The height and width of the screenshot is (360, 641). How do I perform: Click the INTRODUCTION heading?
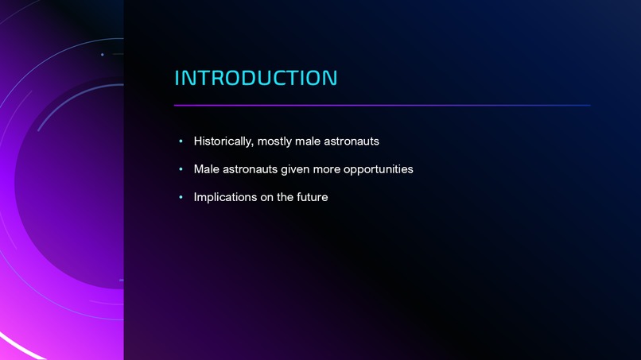(255, 78)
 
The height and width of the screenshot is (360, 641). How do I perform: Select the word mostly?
(274, 141)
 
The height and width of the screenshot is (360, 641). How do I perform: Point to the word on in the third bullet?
(267, 197)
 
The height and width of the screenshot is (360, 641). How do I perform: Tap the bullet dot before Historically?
(181, 141)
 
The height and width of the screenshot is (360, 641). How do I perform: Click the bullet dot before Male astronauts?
(181, 169)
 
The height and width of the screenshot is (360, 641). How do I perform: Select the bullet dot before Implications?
(181, 197)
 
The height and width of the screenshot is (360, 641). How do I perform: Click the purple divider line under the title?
(382, 105)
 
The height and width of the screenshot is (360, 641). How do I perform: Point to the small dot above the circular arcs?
(103, 55)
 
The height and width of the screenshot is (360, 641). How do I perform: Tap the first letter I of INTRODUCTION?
(177, 78)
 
